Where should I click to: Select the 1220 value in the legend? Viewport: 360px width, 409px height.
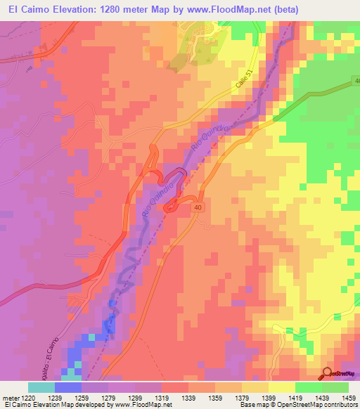41,397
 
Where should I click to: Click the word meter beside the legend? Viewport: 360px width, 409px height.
13,397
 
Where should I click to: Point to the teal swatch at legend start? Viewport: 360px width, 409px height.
41,387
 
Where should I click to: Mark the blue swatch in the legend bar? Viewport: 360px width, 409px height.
67,387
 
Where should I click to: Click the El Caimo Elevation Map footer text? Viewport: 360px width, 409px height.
42,405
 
